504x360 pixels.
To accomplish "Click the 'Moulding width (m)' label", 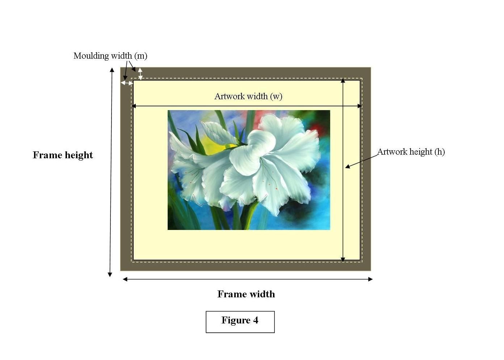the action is pyautogui.click(x=110, y=56).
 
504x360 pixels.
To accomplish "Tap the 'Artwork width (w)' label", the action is pyautogui.click(x=248, y=96).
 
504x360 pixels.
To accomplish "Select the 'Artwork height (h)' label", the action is pyautogui.click(x=411, y=152).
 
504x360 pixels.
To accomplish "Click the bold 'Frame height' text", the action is pyautogui.click(x=63, y=155).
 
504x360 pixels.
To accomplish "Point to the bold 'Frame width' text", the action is pyautogui.click(x=246, y=294).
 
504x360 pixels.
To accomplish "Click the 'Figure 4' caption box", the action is pyautogui.click(x=240, y=321).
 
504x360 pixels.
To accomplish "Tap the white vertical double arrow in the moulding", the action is pyautogui.click(x=140, y=74).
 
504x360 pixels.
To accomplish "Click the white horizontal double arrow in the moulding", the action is pyautogui.click(x=127, y=83).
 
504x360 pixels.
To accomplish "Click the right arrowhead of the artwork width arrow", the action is pyautogui.click(x=359, y=106).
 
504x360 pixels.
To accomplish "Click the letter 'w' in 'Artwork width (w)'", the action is pyautogui.click(x=276, y=97).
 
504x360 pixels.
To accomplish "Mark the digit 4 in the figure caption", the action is pyautogui.click(x=255, y=321).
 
